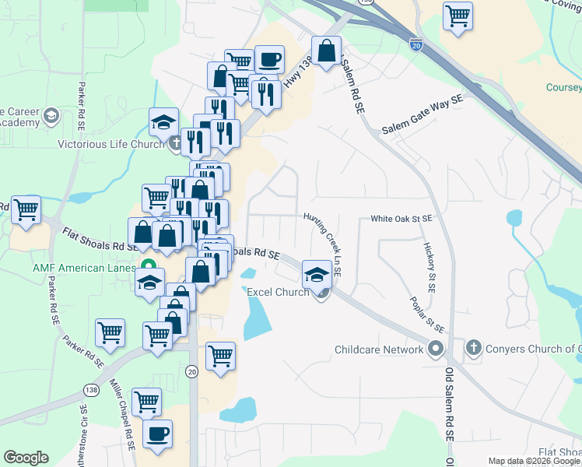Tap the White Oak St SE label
pos(401,219)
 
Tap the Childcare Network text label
pos(379,349)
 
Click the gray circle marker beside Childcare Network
pos(436,349)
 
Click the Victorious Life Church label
pos(110,144)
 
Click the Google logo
pos(26,458)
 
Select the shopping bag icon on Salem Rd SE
pos(328,52)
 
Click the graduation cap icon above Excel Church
pos(317,274)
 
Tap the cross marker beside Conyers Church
pos(474,349)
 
